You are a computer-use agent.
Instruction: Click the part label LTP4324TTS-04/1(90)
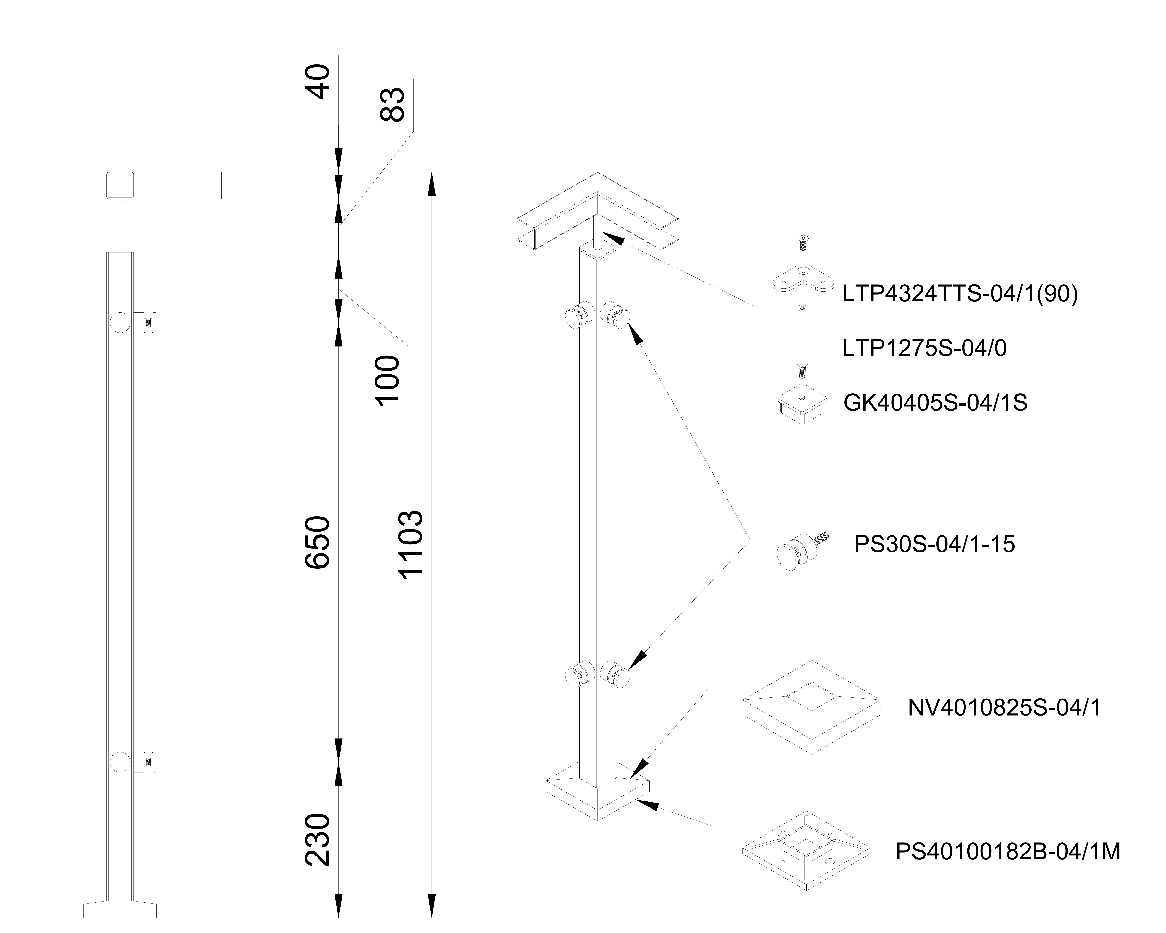click(x=959, y=295)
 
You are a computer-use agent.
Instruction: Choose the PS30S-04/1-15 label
click(x=934, y=544)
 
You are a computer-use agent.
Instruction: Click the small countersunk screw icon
click(x=803, y=243)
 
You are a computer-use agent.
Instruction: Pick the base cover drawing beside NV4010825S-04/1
click(x=811, y=707)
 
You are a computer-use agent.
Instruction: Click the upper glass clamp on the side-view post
click(x=135, y=323)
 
